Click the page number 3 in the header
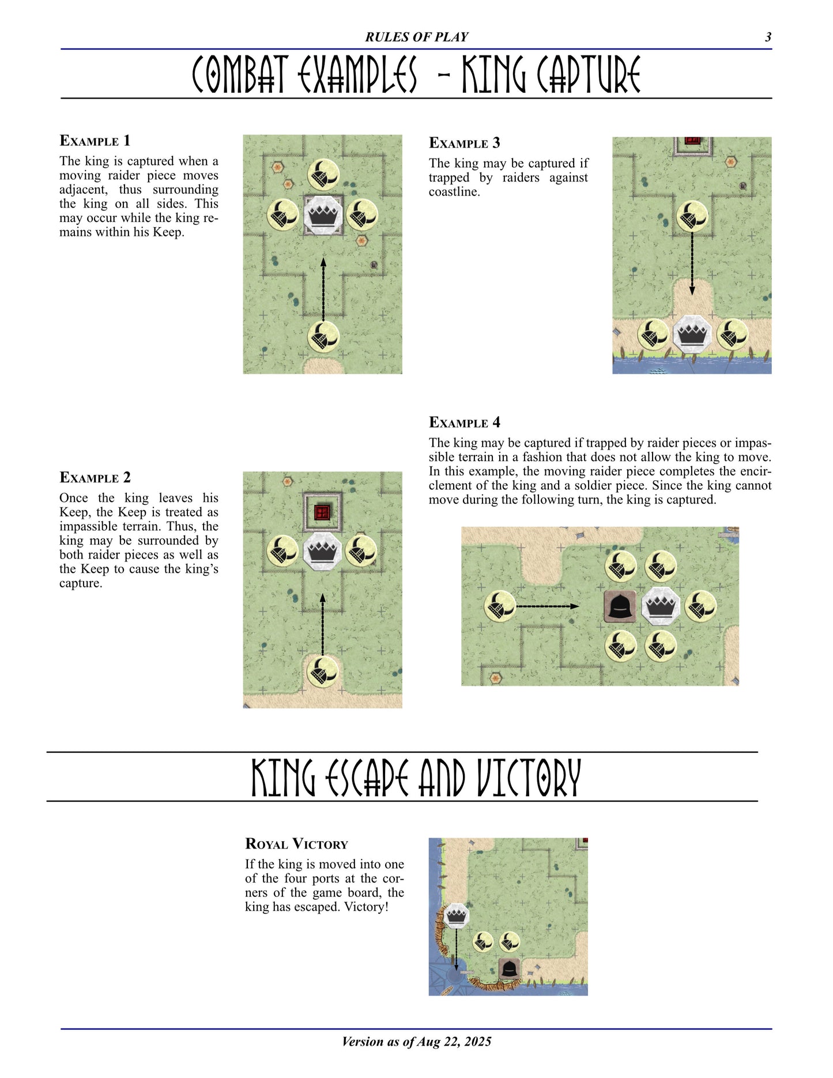[768, 37]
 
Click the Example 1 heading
[95, 141]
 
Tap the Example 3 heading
[464, 143]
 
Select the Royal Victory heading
[296, 844]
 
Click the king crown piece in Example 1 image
[323, 216]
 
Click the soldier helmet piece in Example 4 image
[620, 606]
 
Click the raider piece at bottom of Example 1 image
[323, 337]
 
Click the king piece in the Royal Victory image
[457, 915]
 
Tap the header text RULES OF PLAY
[416, 37]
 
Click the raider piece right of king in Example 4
[700, 606]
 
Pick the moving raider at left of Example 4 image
[500, 606]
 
